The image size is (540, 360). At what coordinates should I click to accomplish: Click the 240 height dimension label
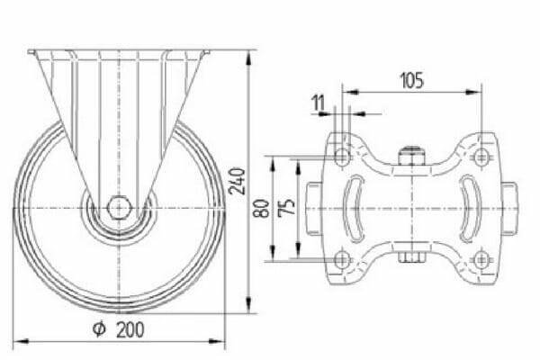[x=237, y=181]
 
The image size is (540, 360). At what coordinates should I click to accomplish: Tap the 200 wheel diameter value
[x=130, y=329]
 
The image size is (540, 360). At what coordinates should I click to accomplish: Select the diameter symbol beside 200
[x=99, y=329]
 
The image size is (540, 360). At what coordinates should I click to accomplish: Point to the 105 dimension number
[x=411, y=80]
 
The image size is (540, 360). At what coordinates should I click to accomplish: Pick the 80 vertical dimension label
[x=262, y=209]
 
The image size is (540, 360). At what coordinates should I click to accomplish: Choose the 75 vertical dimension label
[x=287, y=207]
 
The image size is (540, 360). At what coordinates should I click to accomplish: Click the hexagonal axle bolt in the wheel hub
[x=119, y=208]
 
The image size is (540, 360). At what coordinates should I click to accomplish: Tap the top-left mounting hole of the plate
[x=342, y=157]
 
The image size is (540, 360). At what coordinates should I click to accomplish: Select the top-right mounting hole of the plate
[x=481, y=157]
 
